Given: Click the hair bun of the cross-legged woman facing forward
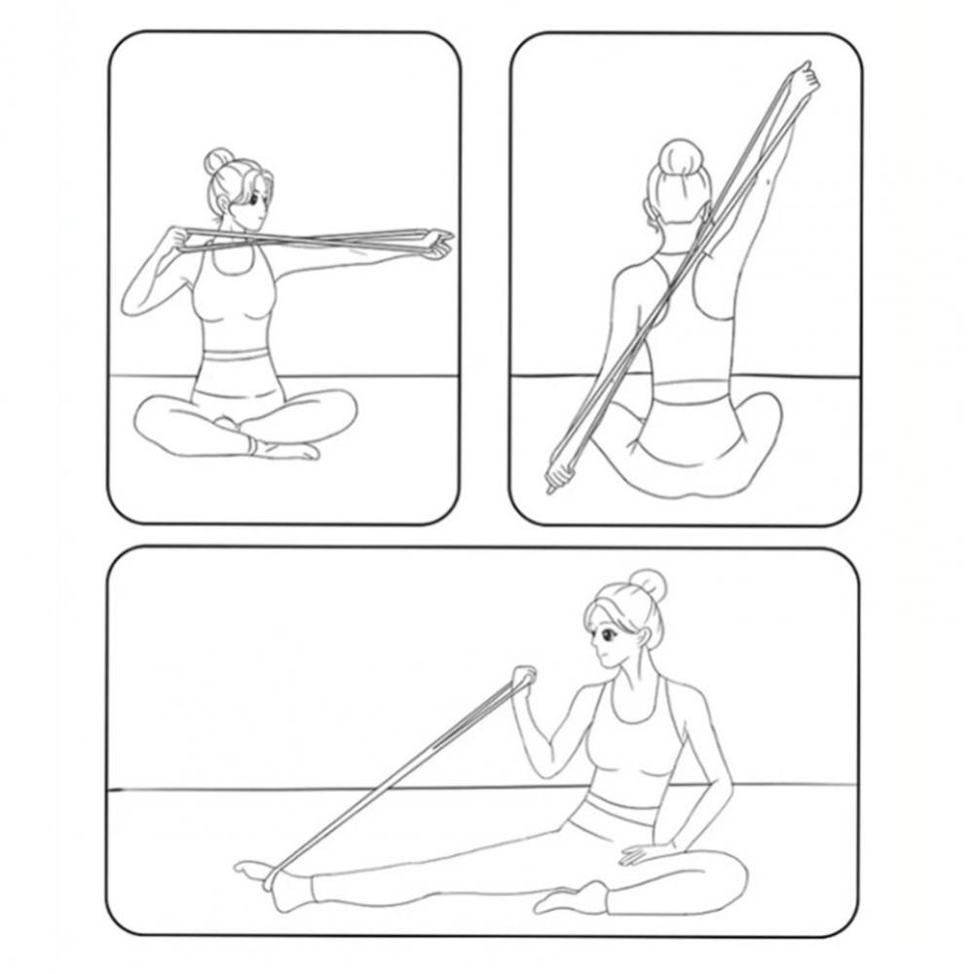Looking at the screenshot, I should (x=217, y=162).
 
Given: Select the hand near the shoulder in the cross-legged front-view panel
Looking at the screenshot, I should (x=180, y=239).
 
